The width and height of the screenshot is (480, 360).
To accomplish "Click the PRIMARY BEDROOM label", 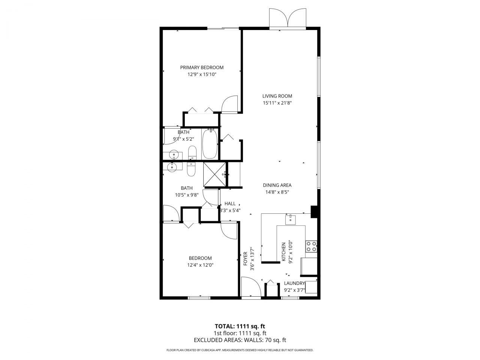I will pos(202,67).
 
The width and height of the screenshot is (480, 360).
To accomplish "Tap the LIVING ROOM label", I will pos(277,96).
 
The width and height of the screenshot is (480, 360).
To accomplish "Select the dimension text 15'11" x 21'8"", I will pos(277,103).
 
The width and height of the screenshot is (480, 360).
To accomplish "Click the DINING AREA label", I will pos(277,185).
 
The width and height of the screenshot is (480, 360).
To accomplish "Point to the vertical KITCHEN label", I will pos(283,251).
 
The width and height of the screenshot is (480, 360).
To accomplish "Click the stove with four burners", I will pos(311,246).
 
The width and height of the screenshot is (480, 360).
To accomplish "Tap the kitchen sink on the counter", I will pos(291,219).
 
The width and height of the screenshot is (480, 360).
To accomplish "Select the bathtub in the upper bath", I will pos(210,144).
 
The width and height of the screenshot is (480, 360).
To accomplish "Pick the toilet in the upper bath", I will pos(192,152).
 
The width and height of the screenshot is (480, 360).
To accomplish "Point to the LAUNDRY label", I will pos(294,283).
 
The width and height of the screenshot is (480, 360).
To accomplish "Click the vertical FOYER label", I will pos(246,258).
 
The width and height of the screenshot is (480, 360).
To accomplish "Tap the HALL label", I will pos(230,204).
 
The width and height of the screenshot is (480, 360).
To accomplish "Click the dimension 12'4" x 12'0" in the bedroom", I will pos(200,265).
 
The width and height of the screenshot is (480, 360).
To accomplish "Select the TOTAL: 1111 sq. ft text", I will pos(240,326).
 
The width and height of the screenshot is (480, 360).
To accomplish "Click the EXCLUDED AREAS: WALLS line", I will pos(240,340).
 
